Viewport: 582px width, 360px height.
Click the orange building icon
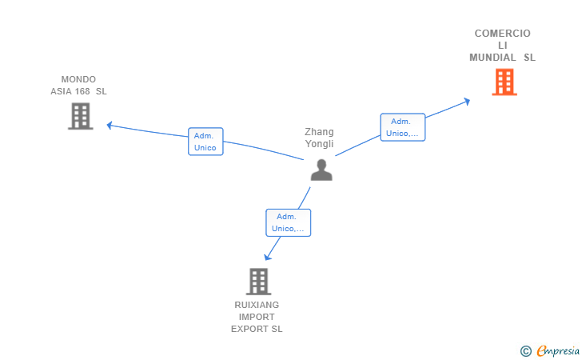coord(504,82)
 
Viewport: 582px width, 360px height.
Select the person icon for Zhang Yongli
coord(321,170)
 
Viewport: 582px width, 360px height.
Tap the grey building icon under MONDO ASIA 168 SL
coord(81,116)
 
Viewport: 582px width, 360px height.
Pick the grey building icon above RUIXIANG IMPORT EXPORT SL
coord(259,282)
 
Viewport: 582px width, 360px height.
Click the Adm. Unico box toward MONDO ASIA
coord(205,142)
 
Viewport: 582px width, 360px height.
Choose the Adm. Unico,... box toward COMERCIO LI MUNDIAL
coord(403,127)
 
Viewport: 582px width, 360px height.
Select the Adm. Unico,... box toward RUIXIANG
coord(289,223)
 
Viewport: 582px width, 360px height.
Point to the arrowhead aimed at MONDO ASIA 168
coord(110,126)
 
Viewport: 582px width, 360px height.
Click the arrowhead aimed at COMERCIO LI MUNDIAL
coord(467,101)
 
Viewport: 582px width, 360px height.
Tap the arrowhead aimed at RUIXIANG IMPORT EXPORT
coord(267,257)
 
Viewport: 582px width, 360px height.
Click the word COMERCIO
coord(503,34)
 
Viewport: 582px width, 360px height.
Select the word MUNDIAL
coord(492,58)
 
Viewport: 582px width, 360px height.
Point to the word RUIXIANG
coord(257,305)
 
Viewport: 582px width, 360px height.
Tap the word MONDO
coord(78,79)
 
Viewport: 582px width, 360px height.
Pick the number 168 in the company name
coord(82,91)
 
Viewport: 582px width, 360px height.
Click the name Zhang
coord(319,132)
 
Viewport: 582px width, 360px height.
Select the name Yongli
coord(319,144)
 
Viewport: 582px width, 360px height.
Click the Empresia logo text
coord(558,350)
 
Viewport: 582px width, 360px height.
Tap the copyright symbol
coord(526,351)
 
